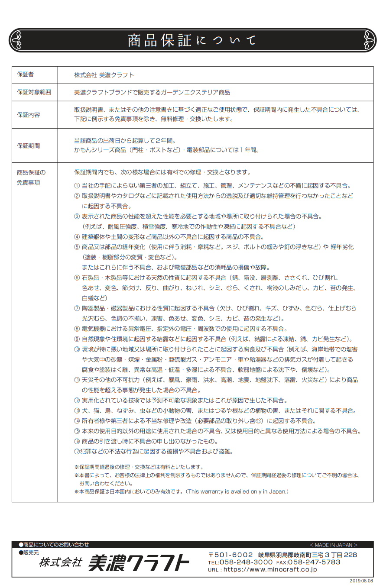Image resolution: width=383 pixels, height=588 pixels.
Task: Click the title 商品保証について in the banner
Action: click(191, 40)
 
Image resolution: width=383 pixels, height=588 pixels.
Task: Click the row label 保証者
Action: click(25, 74)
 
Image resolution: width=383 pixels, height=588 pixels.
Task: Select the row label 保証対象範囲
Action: click(34, 92)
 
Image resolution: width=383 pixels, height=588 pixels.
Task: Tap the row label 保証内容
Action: click(28, 115)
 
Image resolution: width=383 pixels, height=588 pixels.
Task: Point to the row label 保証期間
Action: click(28, 145)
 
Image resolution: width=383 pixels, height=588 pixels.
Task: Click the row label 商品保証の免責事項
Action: click(31, 177)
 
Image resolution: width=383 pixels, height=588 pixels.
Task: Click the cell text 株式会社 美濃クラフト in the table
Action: click(104, 75)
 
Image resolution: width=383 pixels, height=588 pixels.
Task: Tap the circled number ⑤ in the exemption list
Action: click(77, 247)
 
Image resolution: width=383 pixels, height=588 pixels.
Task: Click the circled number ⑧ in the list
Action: click(77, 329)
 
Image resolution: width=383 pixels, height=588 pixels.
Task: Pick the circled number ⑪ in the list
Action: click(77, 380)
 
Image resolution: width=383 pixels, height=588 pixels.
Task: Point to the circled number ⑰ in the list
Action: click(77, 451)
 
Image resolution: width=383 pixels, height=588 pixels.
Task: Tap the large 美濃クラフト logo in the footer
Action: click(139, 563)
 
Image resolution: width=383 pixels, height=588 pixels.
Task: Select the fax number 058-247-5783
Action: click(314, 562)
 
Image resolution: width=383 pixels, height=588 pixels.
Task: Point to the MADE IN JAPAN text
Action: click(333, 545)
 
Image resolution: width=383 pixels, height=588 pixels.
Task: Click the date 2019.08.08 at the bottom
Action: click(361, 581)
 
